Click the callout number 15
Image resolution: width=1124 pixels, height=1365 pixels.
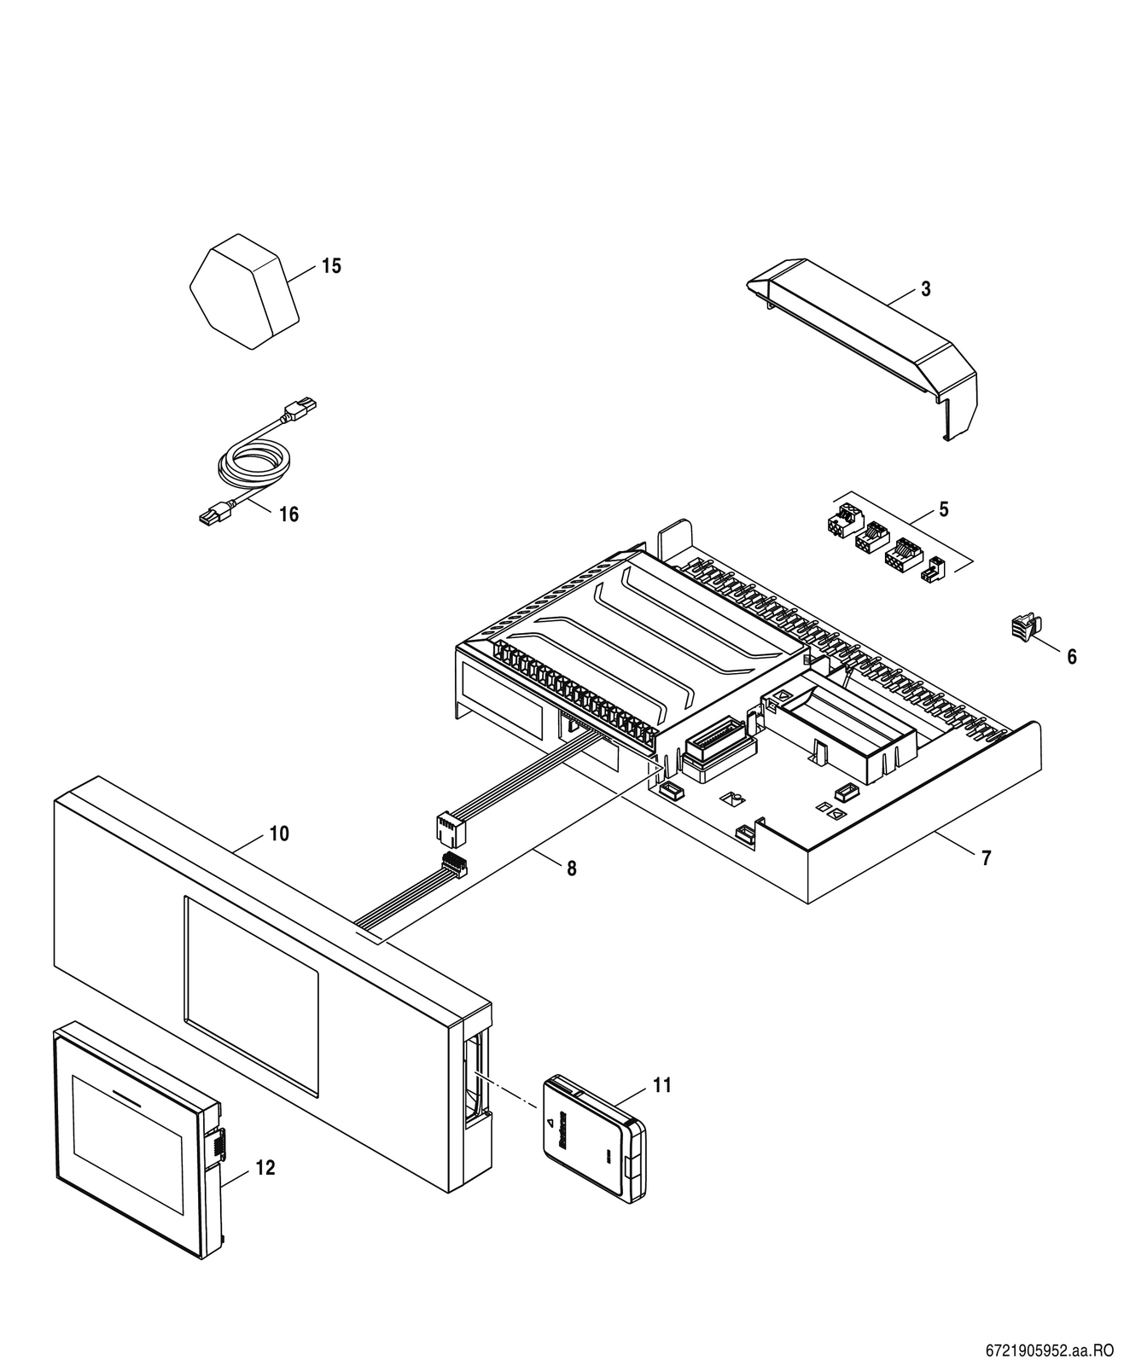click(x=331, y=266)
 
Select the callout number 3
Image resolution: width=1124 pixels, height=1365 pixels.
click(x=926, y=289)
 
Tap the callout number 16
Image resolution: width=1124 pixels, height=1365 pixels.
click(x=288, y=514)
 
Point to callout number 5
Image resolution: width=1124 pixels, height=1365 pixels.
click(x=944, y=509)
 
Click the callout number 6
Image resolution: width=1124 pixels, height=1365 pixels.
click(x=1072, y=657)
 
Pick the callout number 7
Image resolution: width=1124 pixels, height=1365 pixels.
click(x=986, y=858)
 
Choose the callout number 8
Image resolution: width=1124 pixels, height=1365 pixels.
click(x=571, y=868)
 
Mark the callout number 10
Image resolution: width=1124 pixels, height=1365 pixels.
click(x=279, y=834)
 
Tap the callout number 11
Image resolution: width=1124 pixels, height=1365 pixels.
click(x=661, y=1085)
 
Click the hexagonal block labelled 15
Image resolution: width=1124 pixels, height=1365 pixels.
click(x=244, y=292)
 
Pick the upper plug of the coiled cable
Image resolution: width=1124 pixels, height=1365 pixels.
click(x=299, y=409)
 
